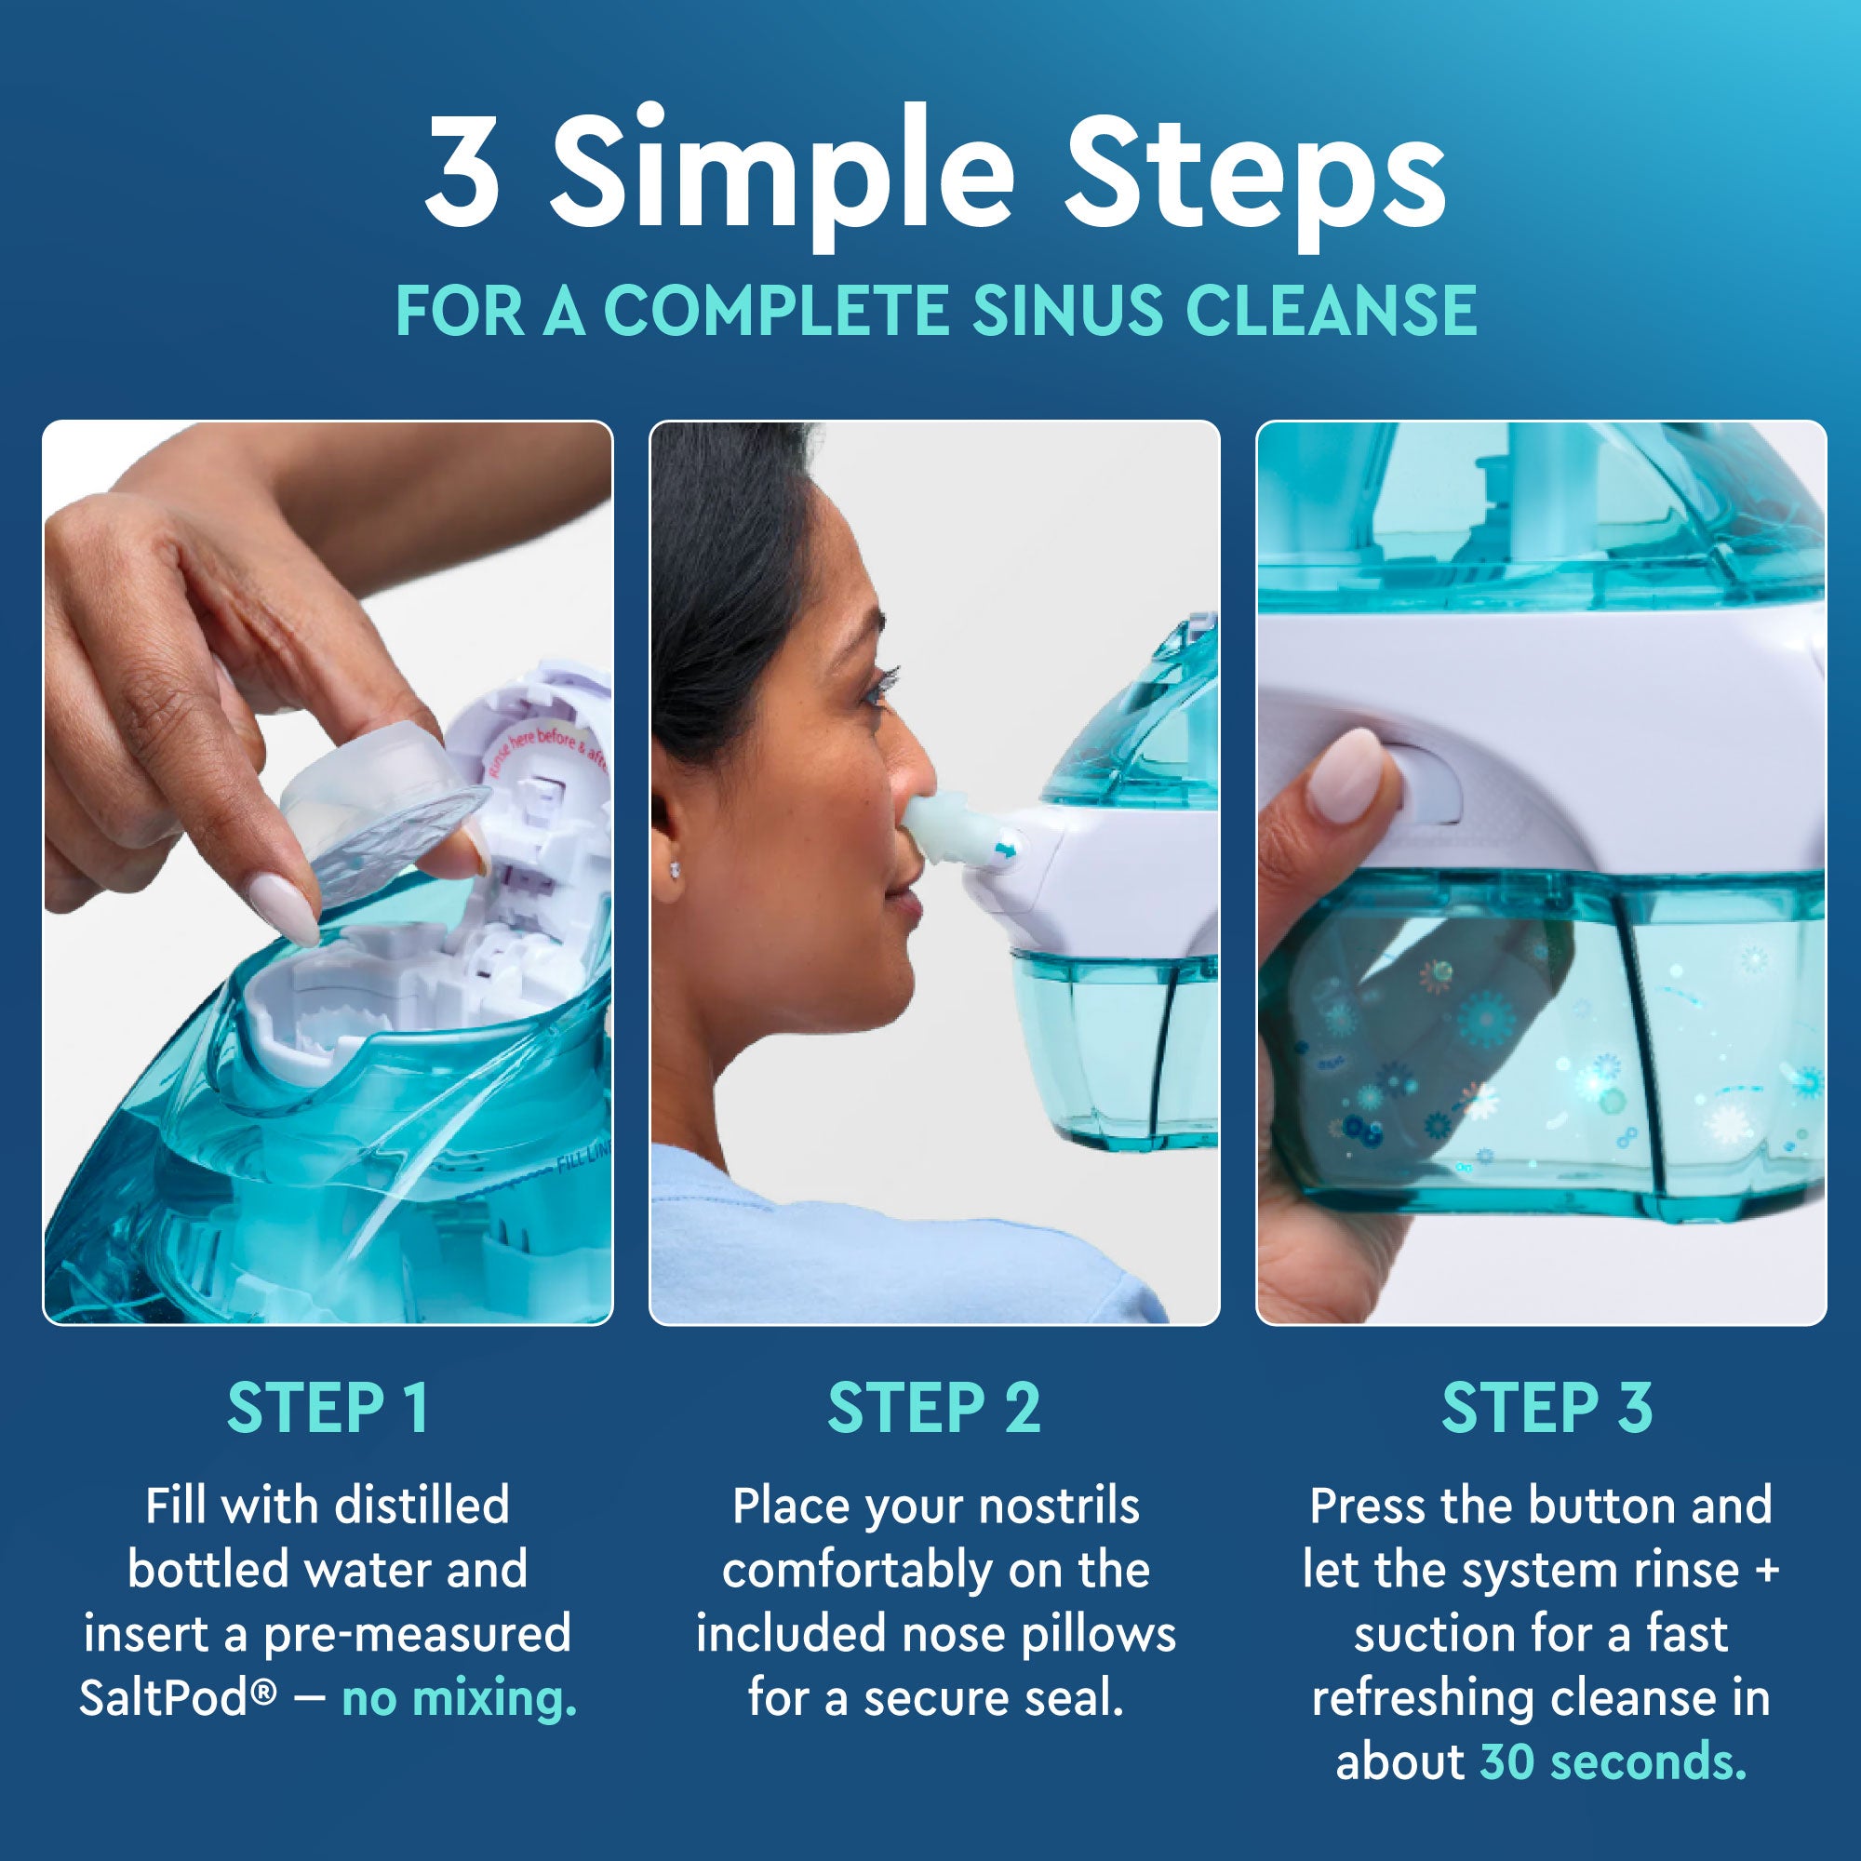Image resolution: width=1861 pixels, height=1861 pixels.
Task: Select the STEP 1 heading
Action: [x=328, y=1409]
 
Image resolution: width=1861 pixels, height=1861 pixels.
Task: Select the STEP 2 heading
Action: [x=934, y=1409]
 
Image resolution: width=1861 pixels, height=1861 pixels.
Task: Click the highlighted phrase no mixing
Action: [x=460, y=1698]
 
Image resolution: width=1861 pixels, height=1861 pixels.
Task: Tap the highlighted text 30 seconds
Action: [x=1613, y=1761]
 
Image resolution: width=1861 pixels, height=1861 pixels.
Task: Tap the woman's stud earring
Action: [x=677, y=869]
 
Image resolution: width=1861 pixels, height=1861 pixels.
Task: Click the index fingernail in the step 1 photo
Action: [x=285, y=905]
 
